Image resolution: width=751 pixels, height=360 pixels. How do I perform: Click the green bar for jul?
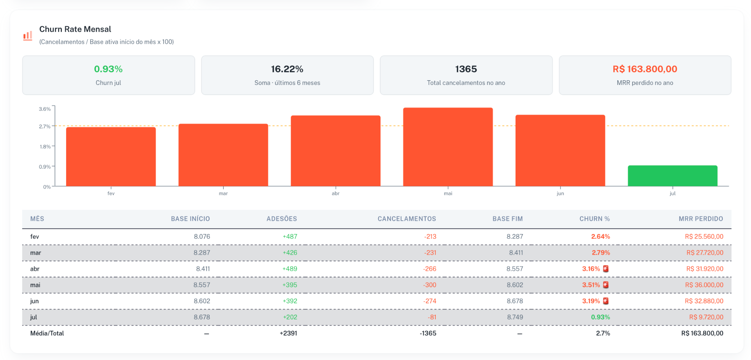[672, 176]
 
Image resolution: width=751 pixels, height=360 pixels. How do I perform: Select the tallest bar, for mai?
[448, 147]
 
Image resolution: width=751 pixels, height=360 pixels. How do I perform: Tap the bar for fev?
[111, 157]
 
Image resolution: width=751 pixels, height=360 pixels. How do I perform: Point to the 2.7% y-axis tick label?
[45, 126]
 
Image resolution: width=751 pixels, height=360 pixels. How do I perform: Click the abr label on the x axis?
[336, 193]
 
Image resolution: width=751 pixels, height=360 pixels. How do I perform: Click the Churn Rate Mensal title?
[75, 29]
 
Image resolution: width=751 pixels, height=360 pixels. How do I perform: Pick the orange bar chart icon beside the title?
[27, 36]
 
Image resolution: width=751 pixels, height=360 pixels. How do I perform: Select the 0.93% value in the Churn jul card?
[108, 69]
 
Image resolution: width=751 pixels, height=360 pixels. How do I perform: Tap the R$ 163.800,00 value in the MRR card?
[645, 69]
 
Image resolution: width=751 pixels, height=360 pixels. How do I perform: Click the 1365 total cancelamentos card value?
[466, 69]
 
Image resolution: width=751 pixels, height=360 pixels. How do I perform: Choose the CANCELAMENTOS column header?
[407, 219]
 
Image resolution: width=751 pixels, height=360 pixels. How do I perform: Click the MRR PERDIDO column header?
[701, 219]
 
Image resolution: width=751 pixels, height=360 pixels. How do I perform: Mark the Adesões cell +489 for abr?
[290, 269]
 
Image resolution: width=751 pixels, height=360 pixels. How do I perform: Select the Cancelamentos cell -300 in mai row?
[429, 285]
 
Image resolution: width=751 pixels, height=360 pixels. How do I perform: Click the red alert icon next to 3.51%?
[606, 285]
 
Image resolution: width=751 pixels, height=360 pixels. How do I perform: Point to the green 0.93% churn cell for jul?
[600, 317]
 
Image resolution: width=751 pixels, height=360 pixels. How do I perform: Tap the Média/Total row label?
[47, 333]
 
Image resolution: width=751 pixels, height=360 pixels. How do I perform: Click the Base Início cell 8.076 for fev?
[202, 236]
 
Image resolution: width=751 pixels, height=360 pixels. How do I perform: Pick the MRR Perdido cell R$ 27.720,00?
[705, 253]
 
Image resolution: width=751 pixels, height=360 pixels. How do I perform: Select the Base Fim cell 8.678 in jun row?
[515, 301]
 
